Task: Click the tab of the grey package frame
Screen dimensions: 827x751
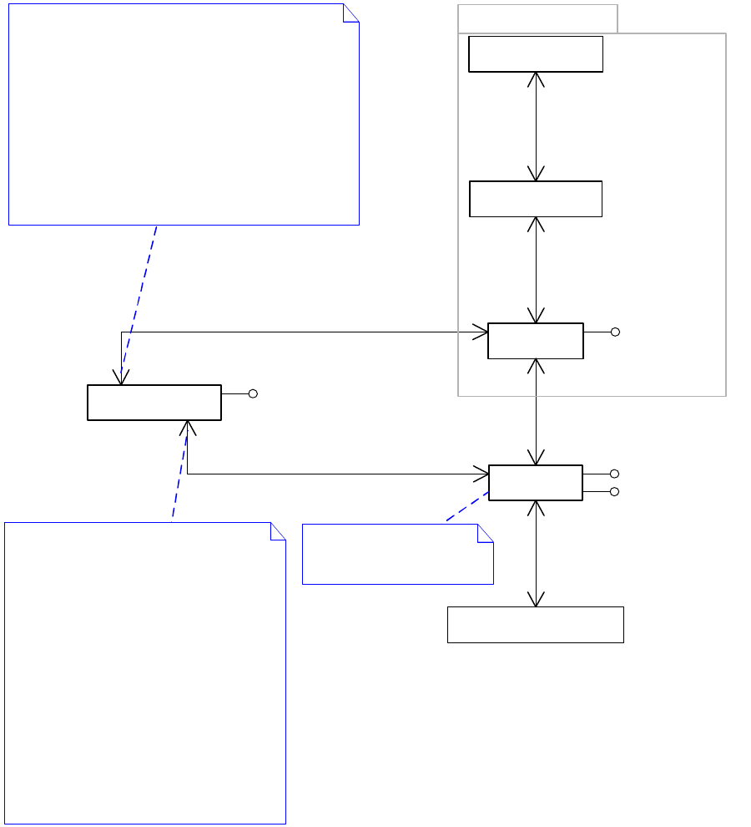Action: click(x=537, y=18)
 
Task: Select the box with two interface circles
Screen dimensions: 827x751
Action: click(x=536, y=483)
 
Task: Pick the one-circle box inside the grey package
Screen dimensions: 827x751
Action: click(x=536, y=341)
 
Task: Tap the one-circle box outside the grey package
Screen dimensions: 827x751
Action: click(x=154, y=403)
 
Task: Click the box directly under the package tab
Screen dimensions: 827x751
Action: click(x=536, y=54)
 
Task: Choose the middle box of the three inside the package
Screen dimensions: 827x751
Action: click(x=536, y=199)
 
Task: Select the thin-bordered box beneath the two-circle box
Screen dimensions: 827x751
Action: click(x=536, y=625)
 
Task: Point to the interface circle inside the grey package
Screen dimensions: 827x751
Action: click(x=615, y=332)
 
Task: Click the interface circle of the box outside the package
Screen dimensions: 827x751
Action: click(x=253, y=393)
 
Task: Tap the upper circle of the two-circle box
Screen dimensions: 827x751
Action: click(x=614, y=474)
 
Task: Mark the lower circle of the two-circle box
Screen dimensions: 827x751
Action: click(x=614, y=492)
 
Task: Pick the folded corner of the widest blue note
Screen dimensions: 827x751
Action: click(x=351, y=12)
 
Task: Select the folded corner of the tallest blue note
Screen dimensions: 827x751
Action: click(x=279, y=530)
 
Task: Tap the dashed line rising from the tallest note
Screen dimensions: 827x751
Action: click(x=179, y=472)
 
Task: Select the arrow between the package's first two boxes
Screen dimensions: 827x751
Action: click(x=536, y=126)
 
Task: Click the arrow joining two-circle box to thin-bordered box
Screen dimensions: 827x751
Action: click(x=536, y=554)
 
